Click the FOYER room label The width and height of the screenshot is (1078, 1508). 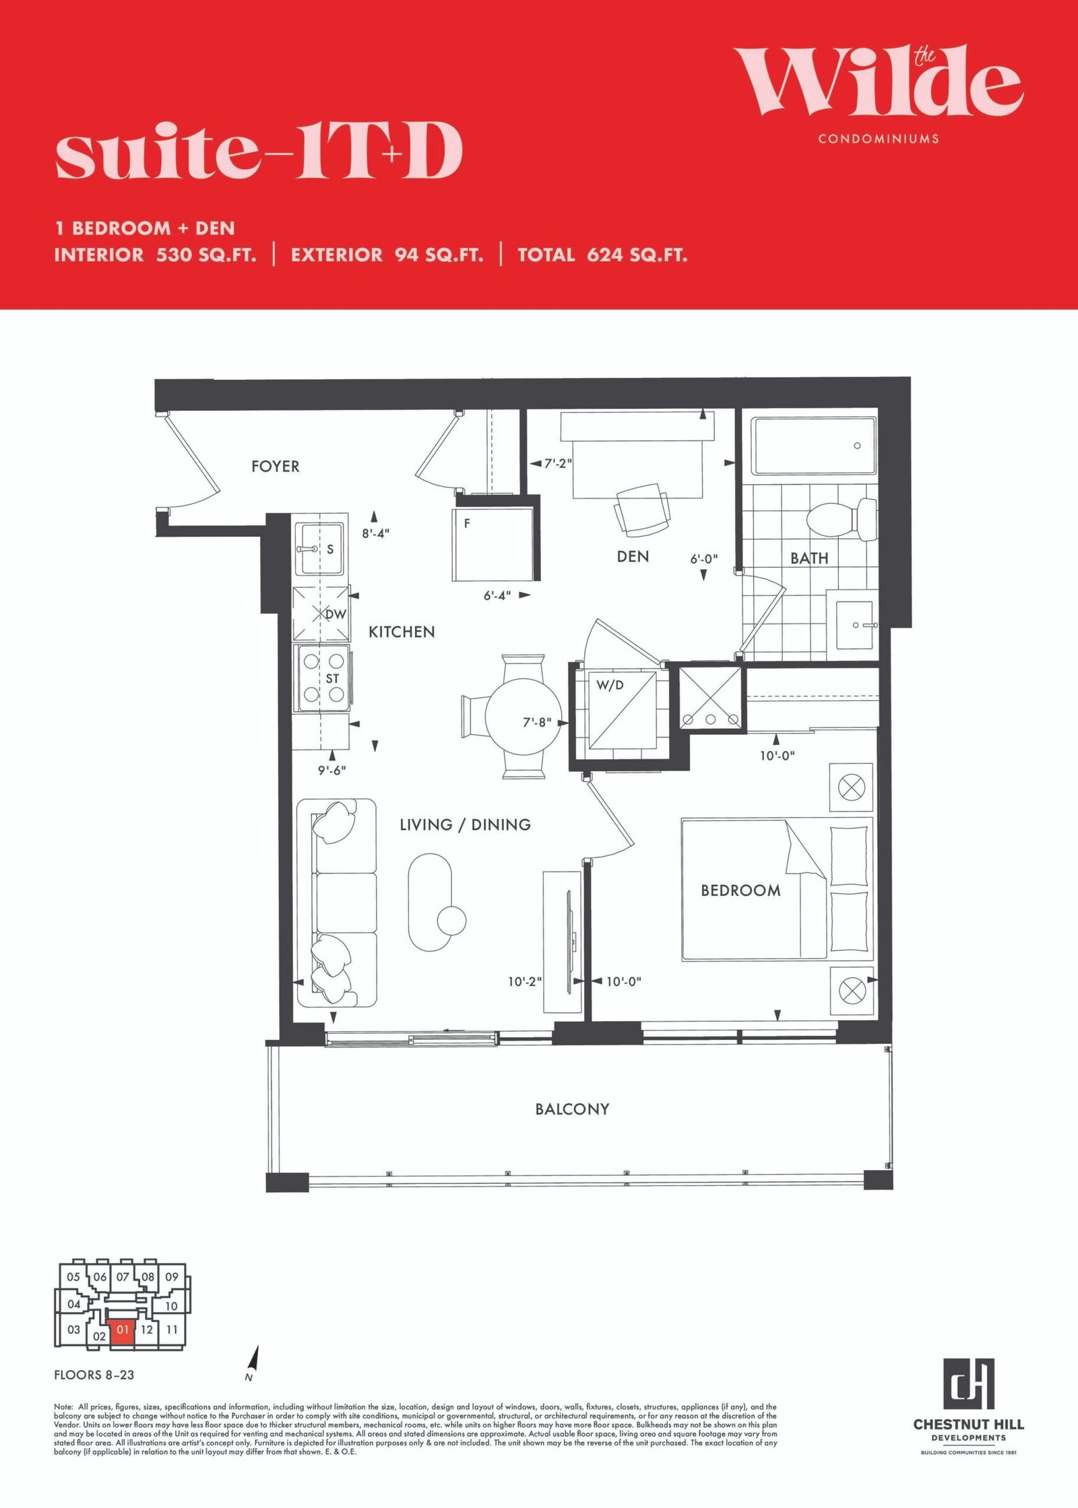275,466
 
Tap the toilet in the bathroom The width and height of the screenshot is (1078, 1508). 842,519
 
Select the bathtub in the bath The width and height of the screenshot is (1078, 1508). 814,446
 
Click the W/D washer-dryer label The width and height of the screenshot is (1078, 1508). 610,686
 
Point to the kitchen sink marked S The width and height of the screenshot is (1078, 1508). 320,548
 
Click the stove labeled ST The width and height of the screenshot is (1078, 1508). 323,678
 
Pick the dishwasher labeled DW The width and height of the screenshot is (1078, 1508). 321,614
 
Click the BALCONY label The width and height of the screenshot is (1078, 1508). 572,1109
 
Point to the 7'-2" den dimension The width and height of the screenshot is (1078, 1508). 558,463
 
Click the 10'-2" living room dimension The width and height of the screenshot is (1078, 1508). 525,982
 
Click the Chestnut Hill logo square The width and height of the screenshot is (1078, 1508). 968,1384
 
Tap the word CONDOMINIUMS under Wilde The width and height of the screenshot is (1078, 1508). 879,139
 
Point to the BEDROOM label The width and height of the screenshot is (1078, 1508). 740,890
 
